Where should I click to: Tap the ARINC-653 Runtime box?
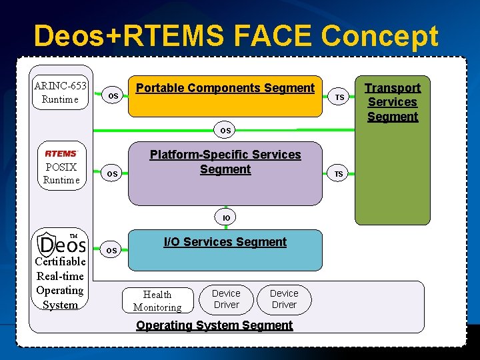[61, 92]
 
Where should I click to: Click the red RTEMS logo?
[61, 153]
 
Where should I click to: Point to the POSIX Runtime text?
[61, 173]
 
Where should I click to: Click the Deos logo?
[61, 243]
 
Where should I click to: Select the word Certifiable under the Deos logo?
[60, 261]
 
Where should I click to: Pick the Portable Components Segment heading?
[225, 88]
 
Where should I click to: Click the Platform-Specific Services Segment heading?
[225, 162]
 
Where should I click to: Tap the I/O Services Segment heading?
[225, 242]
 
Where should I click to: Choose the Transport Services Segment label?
[393, 102]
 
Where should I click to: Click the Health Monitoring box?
[157, 301]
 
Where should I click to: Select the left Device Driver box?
[226, 299]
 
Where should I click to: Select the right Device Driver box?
[284, 299]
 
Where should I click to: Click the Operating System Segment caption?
[214, 325]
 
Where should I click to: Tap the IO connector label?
[226, 217]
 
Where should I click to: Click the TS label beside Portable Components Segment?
[339, 97]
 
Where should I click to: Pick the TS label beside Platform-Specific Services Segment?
[339, 174]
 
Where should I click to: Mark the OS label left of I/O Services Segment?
[112, 251]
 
